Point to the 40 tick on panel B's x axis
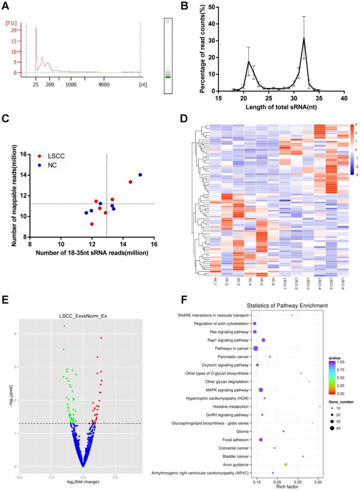tap(344, 98)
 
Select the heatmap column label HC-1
tap(215, 282)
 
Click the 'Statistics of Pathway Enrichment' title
tap(273, 306)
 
